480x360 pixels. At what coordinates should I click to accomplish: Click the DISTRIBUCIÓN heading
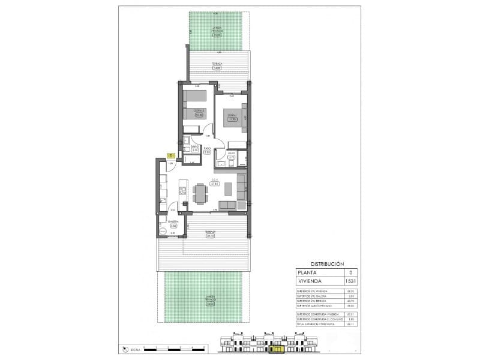[327, 264]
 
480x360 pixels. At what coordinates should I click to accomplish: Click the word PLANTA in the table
[307, 272]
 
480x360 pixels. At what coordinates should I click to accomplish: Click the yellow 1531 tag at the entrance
[171, 155]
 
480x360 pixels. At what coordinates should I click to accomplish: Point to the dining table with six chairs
[199, 191]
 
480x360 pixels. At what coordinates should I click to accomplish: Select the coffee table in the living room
[229, 190]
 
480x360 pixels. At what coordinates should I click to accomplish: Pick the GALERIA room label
[172, 221]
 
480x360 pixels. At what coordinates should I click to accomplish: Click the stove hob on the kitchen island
[182, 191]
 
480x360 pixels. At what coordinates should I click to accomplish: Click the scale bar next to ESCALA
[171, 348]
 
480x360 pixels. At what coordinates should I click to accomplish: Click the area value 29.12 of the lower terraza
[210, 236]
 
